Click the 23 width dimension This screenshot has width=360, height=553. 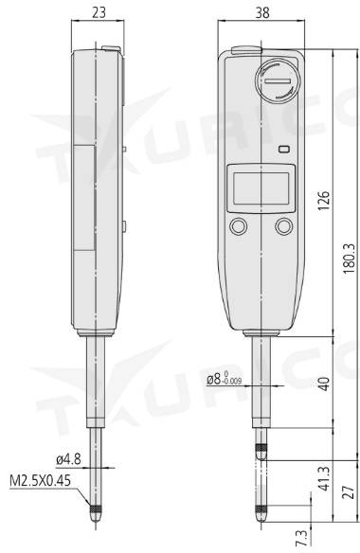(99, 12)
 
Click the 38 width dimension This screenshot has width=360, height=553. (262, 12)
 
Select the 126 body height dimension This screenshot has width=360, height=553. (323, 201)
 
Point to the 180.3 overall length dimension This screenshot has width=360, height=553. (349, 259)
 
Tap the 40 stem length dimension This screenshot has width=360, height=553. (323, 384)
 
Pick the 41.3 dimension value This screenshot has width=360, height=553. (323, 478)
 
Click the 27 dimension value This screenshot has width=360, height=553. (349, 492)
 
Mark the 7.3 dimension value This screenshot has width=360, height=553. (301, 538)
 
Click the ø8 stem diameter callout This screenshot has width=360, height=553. (225, 379)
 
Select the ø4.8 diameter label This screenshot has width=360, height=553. (68, 459)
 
